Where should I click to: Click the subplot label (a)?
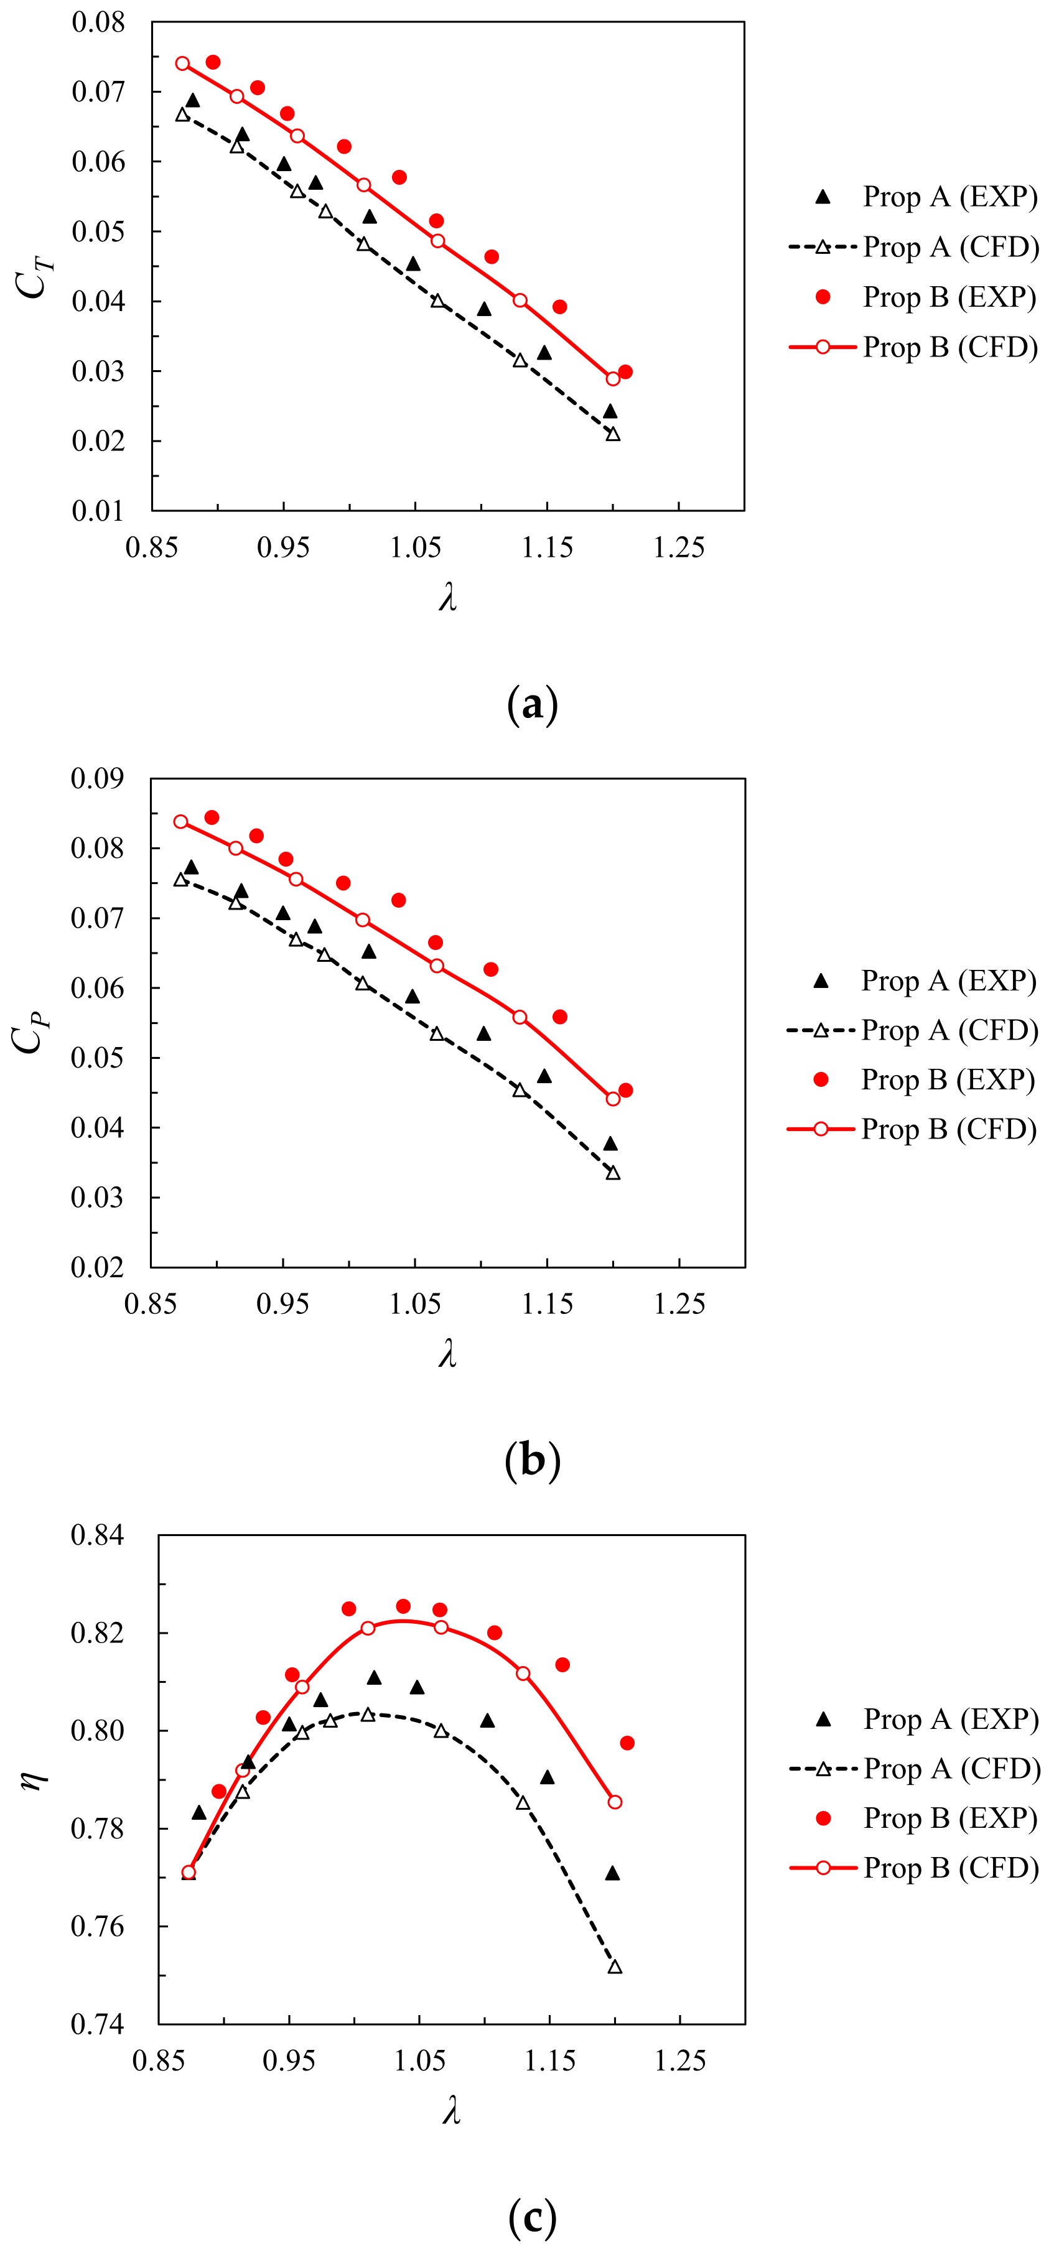click(x=532, y=704)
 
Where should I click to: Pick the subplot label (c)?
click(x=532, y=2217)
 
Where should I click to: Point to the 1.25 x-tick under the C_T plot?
click(x=679, y=548)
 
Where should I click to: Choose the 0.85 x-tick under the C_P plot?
click(x=151, y=1305)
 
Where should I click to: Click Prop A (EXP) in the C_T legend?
click(x=950, y=197)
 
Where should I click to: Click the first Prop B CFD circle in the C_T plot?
click(x=182, y=63)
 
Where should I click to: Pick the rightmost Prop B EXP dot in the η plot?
click(x=627, y=1743)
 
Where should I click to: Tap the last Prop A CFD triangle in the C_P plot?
click(x=613, y=1173)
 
